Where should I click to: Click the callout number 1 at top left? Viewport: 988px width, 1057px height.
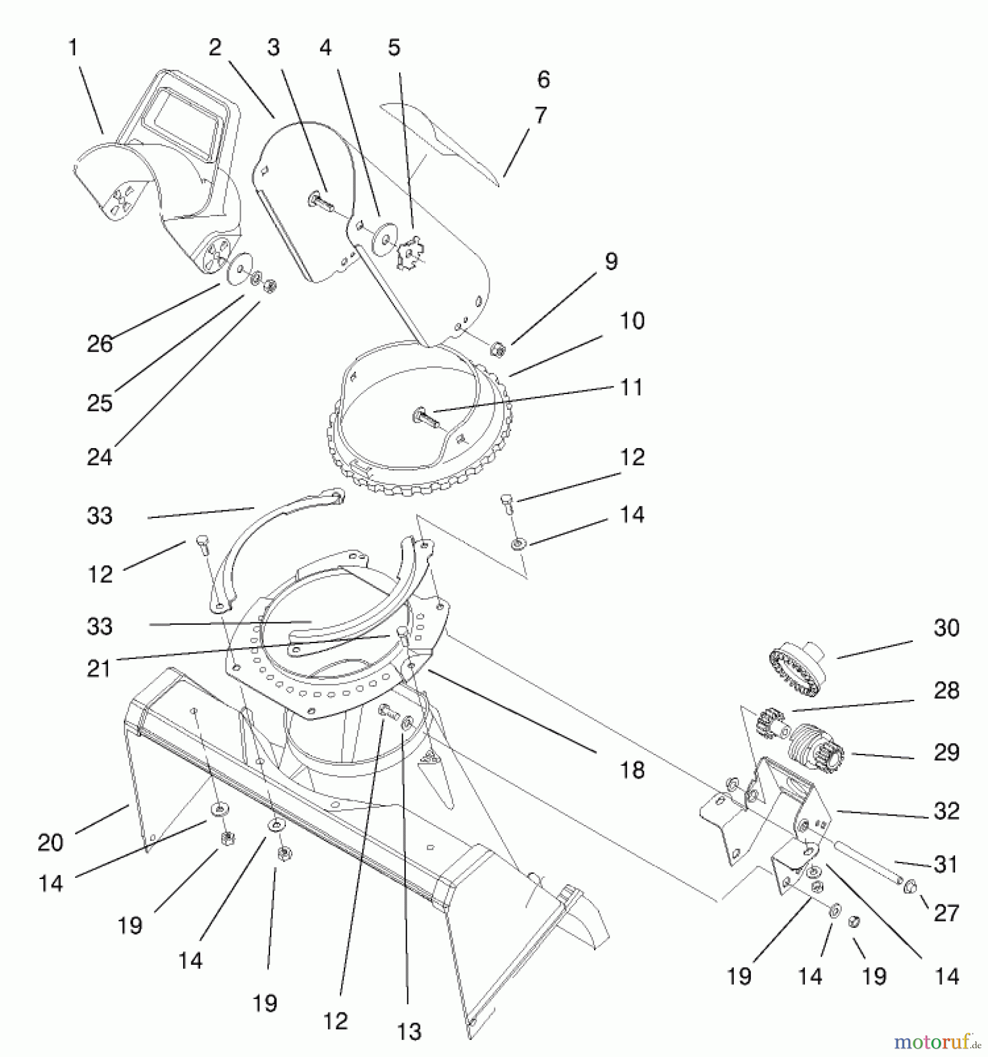pos(73,48)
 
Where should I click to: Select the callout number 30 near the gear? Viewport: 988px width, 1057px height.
pos(946,628)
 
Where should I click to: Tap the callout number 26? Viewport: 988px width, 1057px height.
pos(99,344)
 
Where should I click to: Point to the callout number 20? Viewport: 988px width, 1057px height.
pos(50,843)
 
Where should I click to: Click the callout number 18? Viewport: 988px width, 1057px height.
pos(632,770)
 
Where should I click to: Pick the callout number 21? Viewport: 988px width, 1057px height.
pos(99,668)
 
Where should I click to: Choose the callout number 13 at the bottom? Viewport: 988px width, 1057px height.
pos(409,1031)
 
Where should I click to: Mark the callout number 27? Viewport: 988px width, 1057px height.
pos(946,913)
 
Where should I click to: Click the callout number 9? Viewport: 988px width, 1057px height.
pos(611,261)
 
